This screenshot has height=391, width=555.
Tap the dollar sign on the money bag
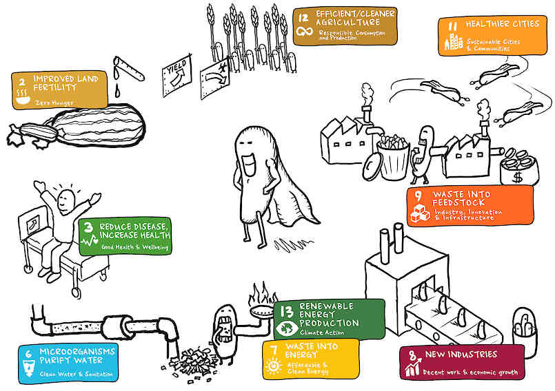tap(517, 176)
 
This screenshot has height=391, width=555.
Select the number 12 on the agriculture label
tap(303, 18)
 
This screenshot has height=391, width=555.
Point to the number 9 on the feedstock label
tap(418, 196)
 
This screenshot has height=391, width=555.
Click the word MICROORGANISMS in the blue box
tap(77, 351)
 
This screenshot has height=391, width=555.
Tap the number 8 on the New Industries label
tap(412, 355)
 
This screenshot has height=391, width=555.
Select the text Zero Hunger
tap(54, 103)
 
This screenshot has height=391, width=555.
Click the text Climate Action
tap(322, 332)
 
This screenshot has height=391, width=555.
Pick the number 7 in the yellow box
tap(274, 350)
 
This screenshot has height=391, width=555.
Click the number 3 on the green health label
tap(88, 227)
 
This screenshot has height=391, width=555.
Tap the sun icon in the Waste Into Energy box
tap(273, 366)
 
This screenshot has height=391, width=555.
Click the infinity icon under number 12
tap(305, 32)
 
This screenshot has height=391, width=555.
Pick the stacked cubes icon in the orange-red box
tap(420, 213)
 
